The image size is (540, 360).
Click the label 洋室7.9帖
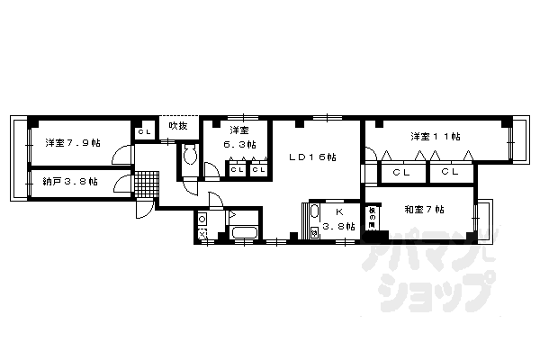[x=73, y=142]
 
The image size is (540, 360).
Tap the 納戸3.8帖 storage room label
[x=71, y=181]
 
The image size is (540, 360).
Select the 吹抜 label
[x=178, y=125]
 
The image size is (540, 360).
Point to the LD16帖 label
[x=311, y=157]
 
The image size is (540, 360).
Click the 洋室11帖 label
[x=436, y=137]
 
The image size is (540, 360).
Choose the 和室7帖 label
[x=424, y=210]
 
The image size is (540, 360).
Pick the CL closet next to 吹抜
[x=144, y=133]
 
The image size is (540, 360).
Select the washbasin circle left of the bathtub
[x=202, y=220]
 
